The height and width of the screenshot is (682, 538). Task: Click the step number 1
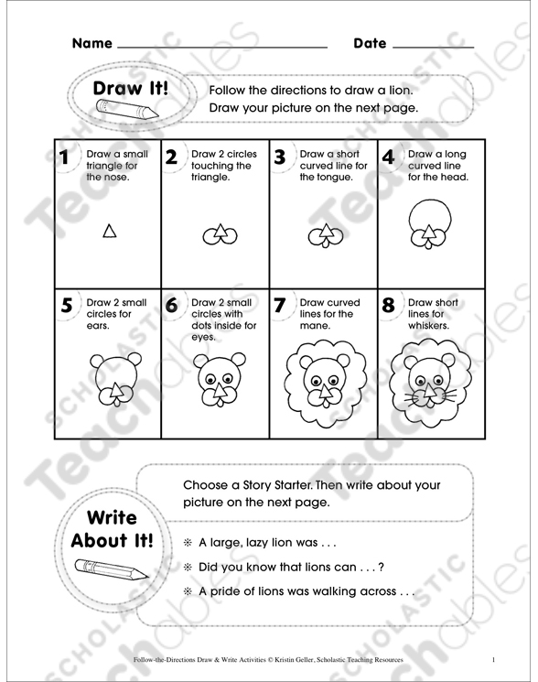click(64, 157)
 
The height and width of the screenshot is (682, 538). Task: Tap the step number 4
click(388, 157)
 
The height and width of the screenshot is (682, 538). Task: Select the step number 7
click(281, 306)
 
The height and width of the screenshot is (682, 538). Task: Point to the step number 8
click(389, 306)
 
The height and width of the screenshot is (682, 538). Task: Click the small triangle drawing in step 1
click(109, 233)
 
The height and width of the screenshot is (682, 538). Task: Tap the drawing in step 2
click(216, 235)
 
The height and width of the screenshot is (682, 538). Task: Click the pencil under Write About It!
click(109, 568)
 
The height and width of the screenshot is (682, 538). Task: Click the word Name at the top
click(91, 43)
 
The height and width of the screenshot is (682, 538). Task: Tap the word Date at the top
click(370, 43)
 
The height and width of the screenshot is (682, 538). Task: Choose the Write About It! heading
click(112, 528)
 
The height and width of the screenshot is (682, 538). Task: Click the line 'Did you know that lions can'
click(288, 568)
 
